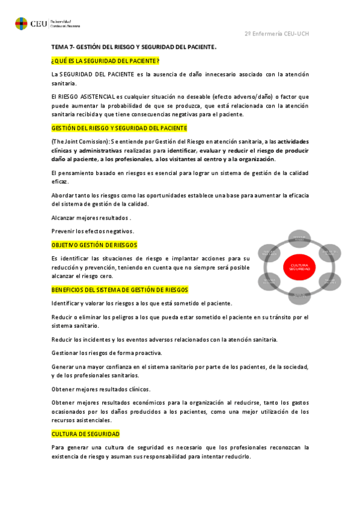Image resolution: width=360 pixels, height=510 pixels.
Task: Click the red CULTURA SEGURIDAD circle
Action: (299, 267)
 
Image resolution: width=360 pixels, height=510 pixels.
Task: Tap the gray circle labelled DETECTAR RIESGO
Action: (299, 239)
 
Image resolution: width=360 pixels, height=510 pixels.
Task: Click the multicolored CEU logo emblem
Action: (21, 24)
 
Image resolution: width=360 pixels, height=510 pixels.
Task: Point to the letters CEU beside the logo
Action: (38, 24)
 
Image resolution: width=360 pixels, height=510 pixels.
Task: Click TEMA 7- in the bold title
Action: (62, 47)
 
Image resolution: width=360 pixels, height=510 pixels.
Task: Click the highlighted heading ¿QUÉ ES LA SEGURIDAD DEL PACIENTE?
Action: (105, 61)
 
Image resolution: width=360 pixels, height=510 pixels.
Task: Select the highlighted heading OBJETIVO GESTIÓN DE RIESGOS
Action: (94, 245)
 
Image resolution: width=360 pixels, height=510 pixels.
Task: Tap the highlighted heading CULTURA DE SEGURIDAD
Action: (86, 434)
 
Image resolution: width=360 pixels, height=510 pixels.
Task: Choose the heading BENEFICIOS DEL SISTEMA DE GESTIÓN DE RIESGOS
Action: (120, 289)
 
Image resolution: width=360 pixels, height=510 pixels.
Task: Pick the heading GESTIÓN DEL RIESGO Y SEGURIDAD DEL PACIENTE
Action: (119, 128)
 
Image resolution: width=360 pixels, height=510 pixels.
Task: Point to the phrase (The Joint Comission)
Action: (79, 141)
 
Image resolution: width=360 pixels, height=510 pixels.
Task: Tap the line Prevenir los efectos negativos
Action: (93, 232)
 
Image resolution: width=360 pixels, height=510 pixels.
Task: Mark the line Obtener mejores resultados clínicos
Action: (100, 389)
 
